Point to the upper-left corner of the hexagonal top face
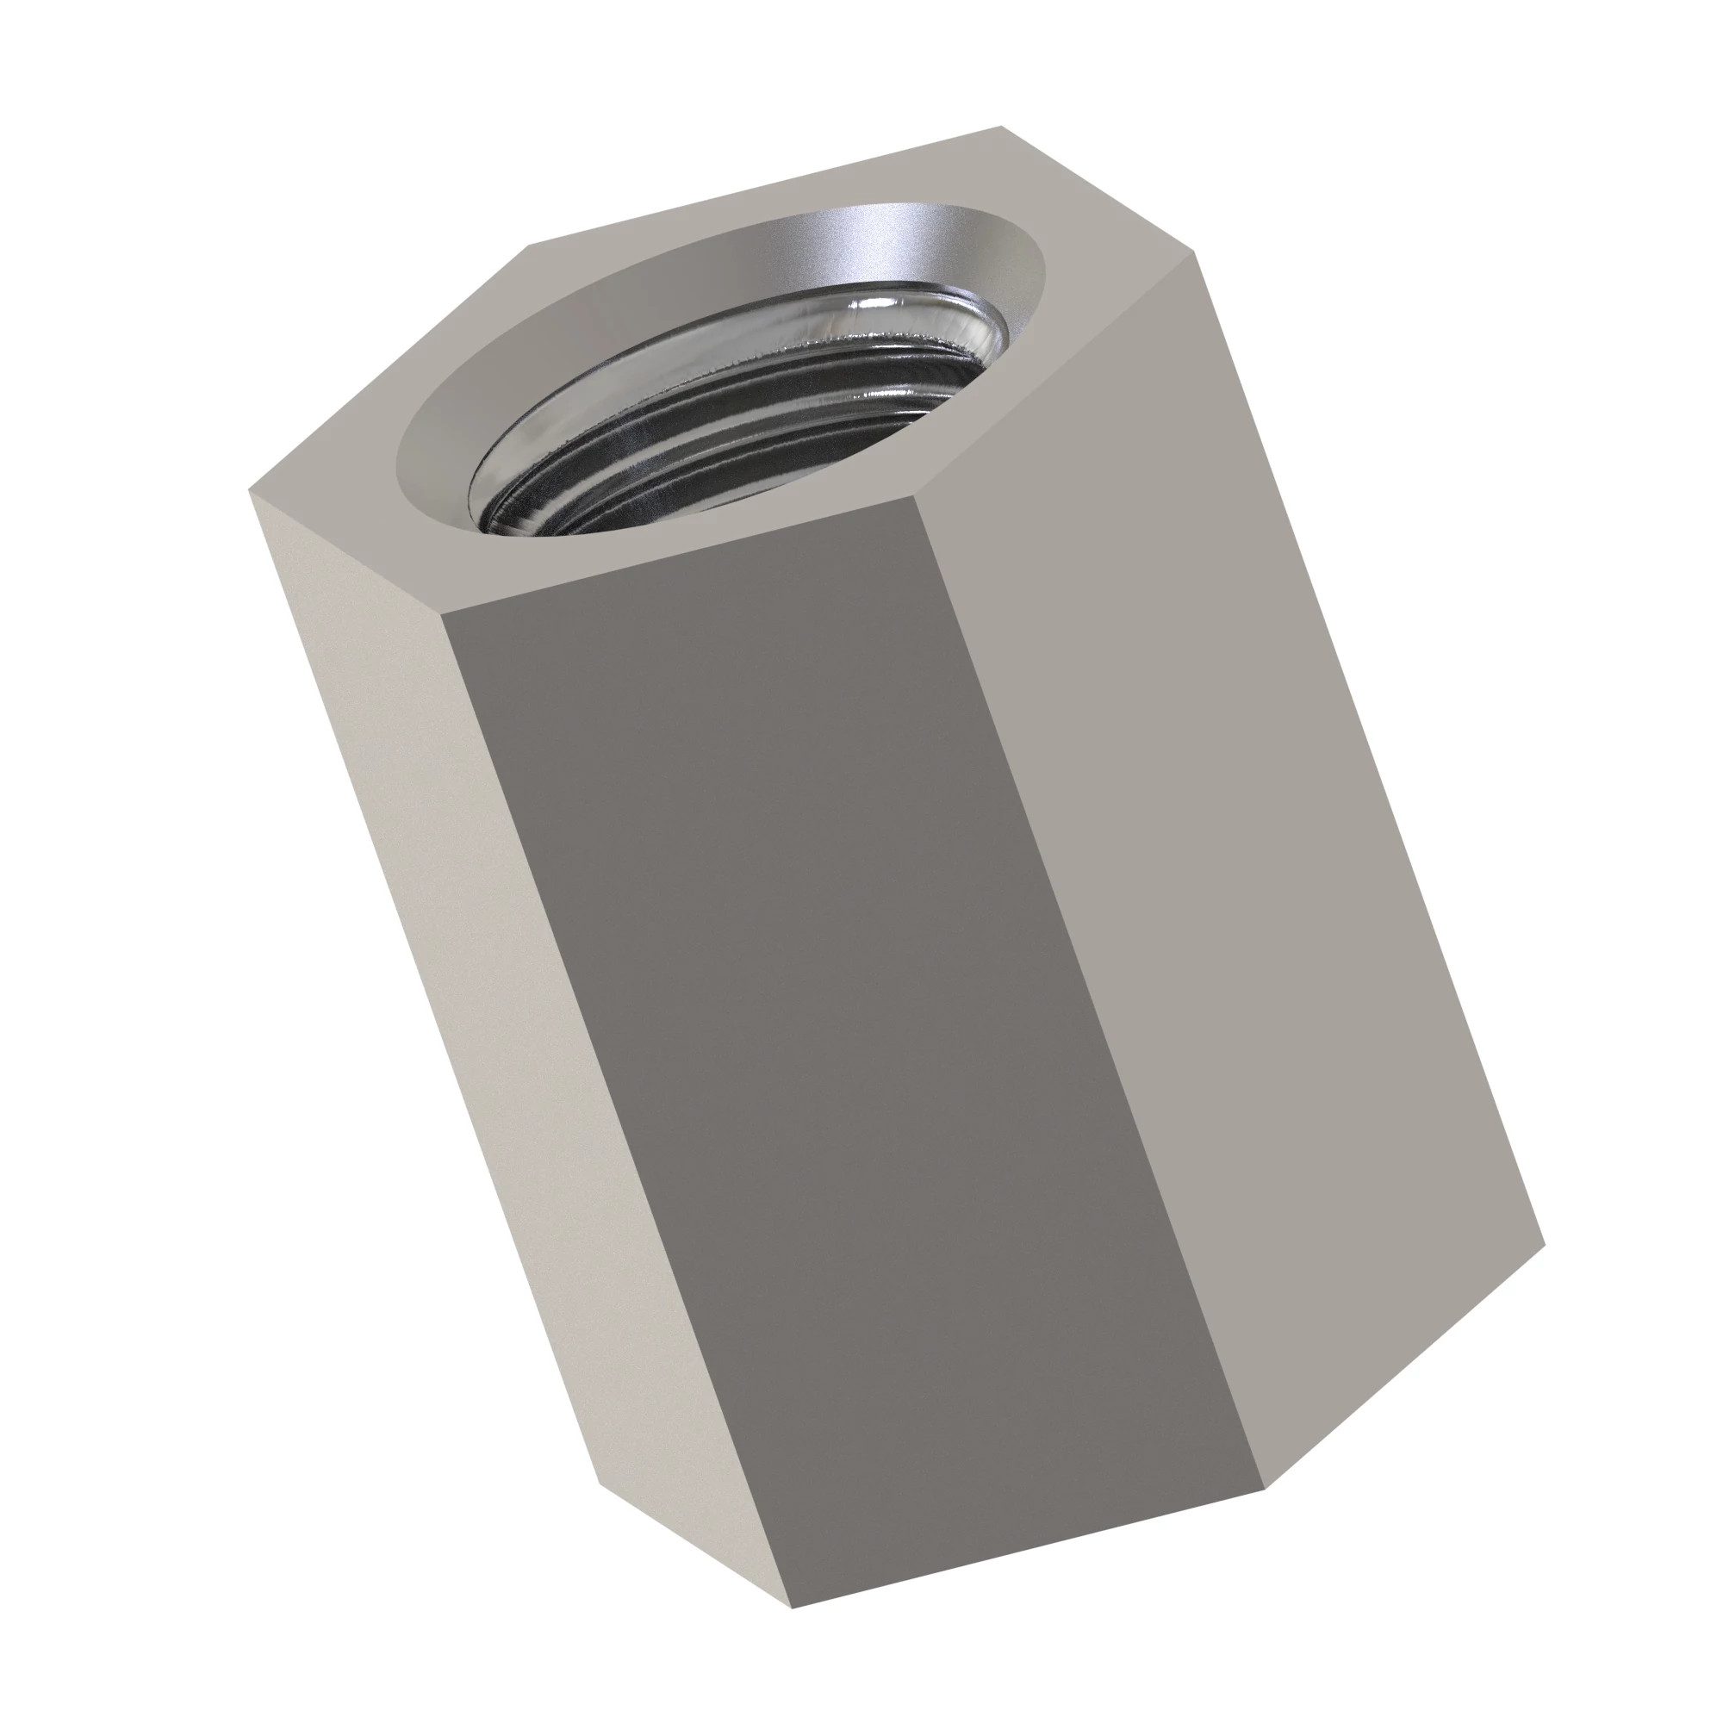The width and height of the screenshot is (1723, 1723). coord(531,244)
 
